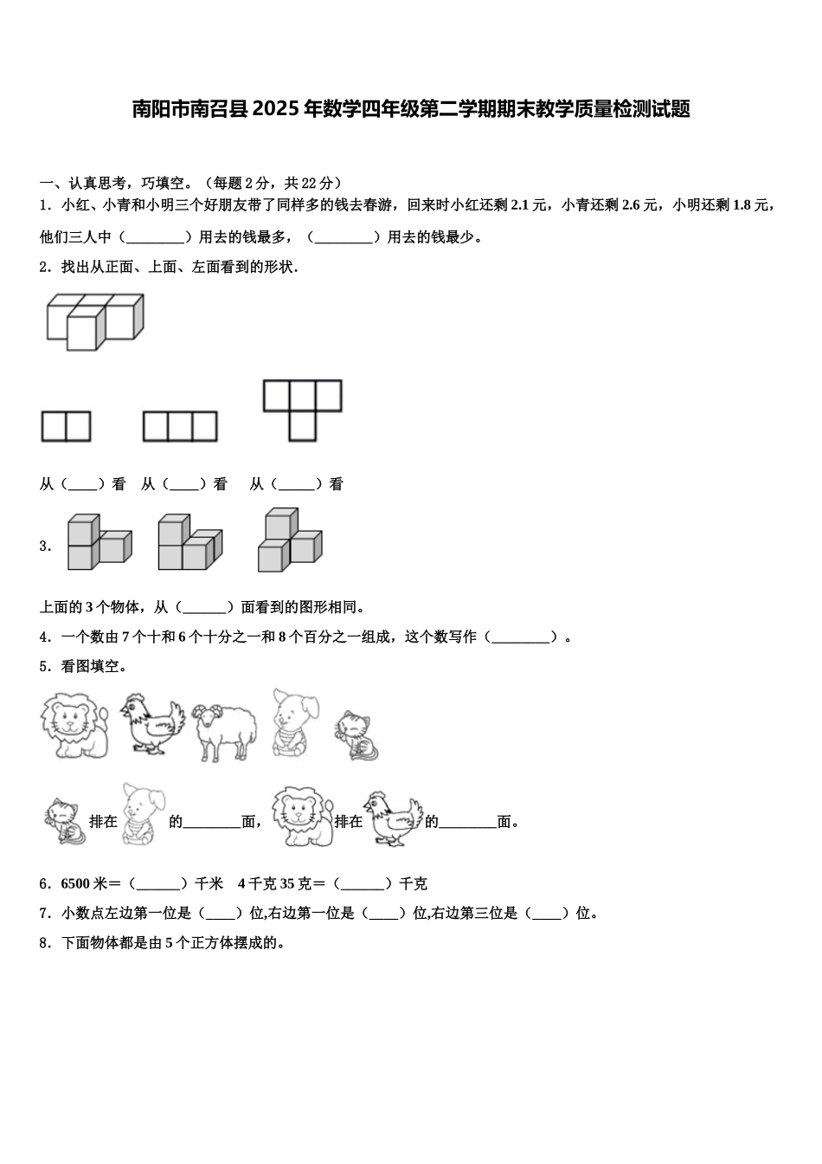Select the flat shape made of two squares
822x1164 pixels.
[x=66, y=427]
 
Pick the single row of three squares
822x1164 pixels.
[x=180, y=427]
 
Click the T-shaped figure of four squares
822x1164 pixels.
[x=302, y=410]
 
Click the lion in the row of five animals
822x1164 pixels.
[x=75, y=725]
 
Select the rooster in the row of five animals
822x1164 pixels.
[x=153, y=723]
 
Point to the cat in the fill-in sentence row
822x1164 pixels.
[x=64, y=821]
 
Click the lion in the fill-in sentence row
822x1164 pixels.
[x=300, y=816]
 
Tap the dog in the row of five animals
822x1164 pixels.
[x=294, y=722]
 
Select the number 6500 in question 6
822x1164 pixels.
[x=76, y=884]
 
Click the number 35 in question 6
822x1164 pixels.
[x=303, y=884]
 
